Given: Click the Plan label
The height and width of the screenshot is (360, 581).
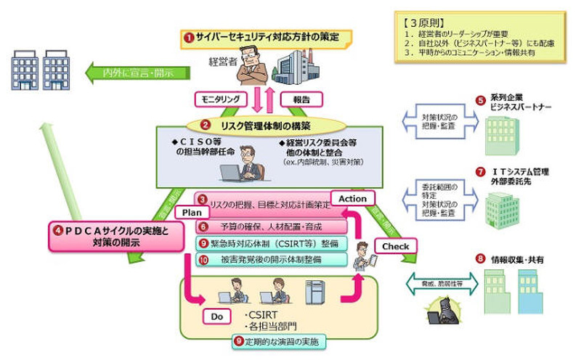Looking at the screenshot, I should click(x=191, y=213).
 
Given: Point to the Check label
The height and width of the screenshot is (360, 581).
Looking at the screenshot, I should click(x=397, y=246).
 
